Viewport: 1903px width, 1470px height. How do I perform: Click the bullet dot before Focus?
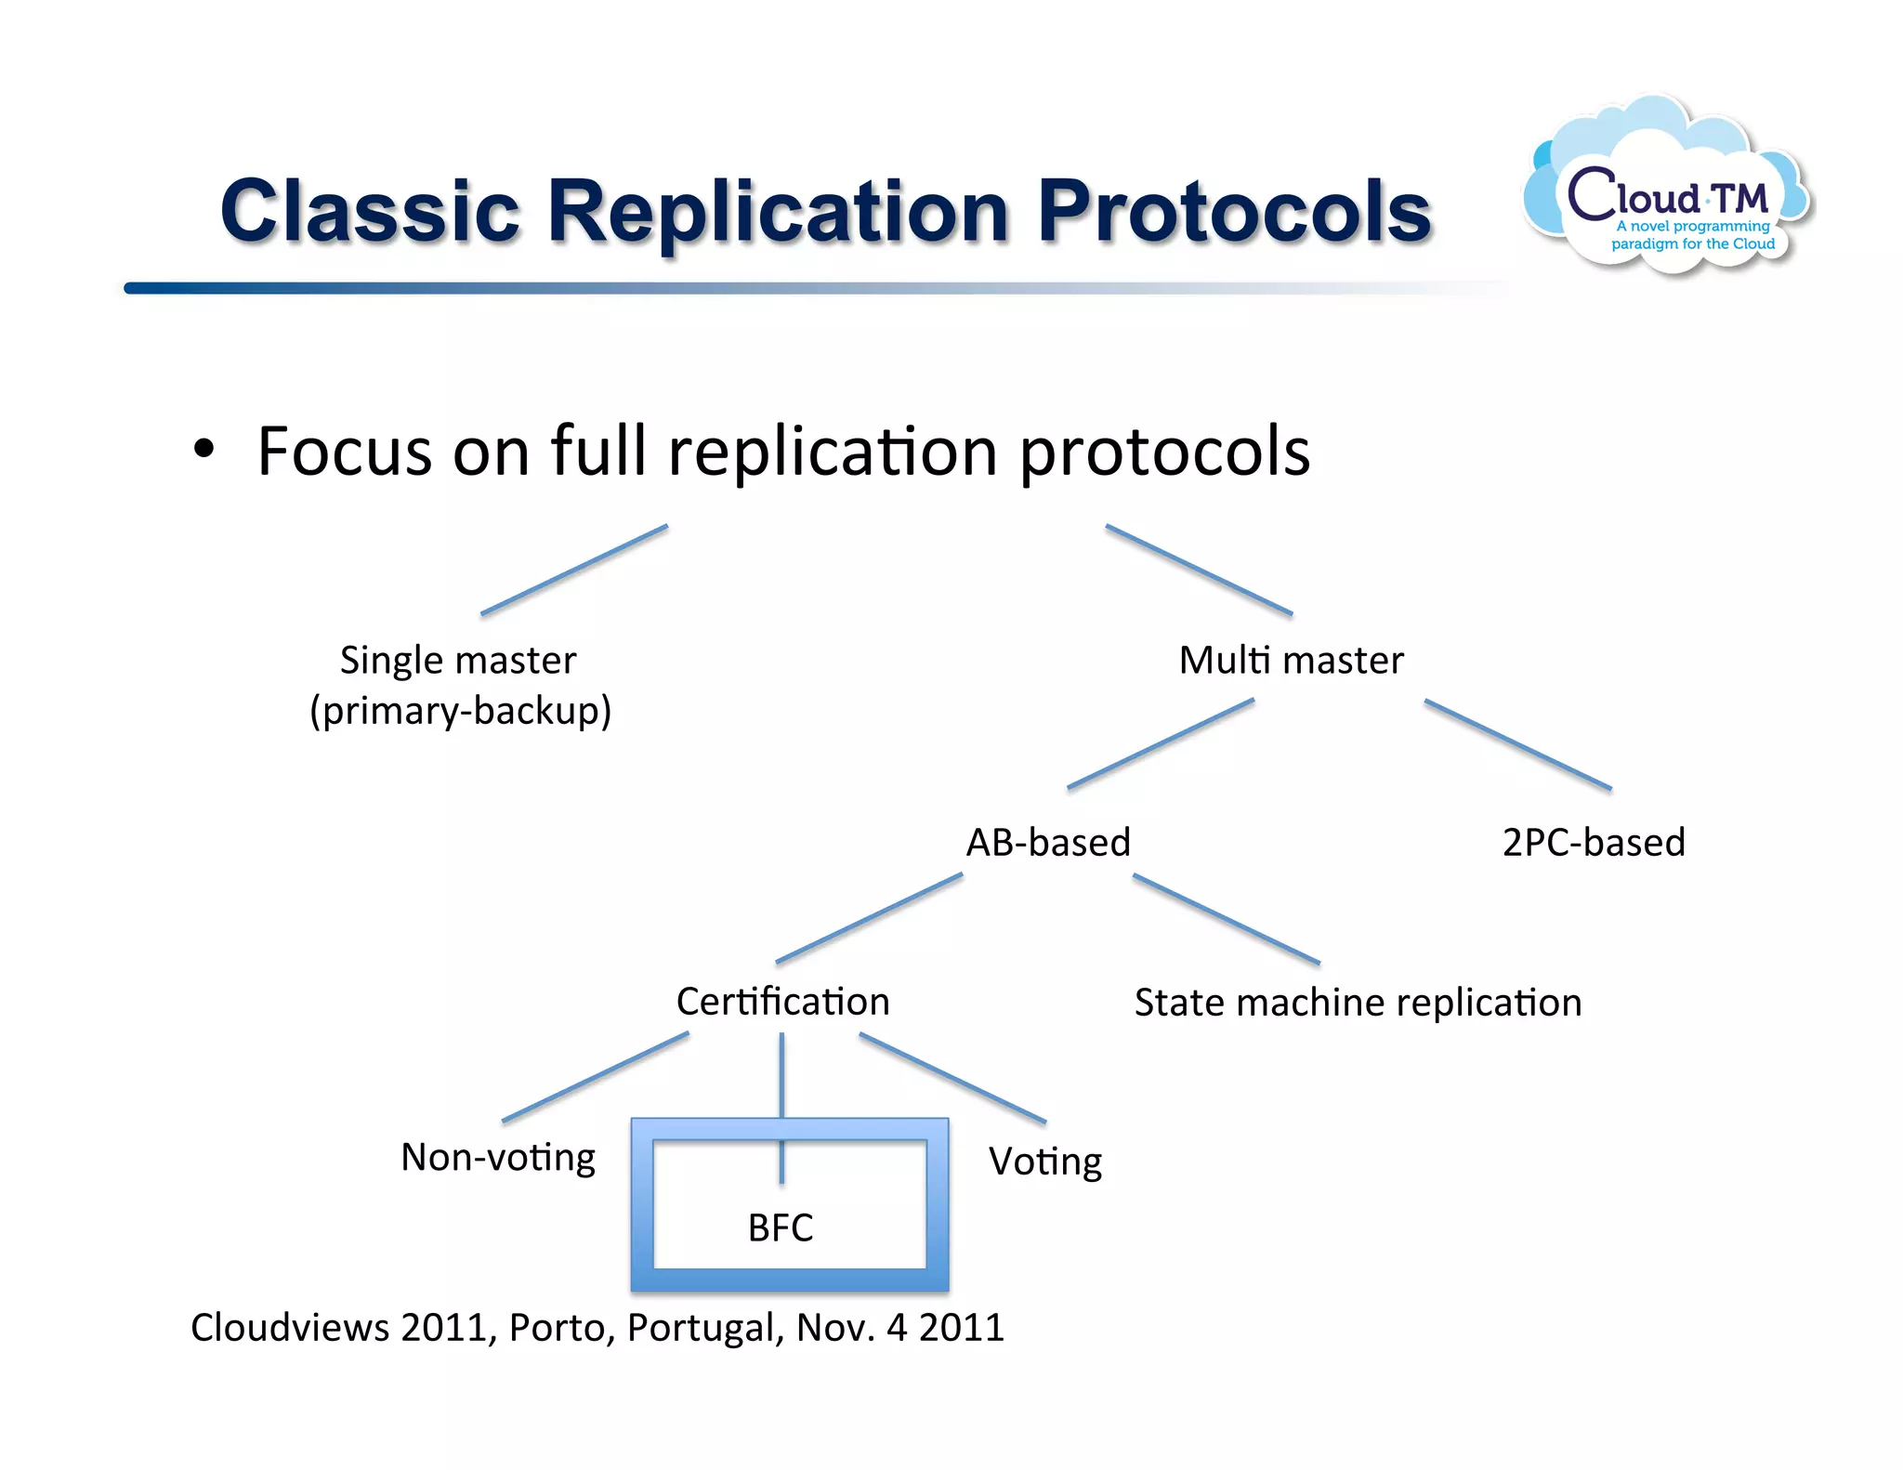click(x=203, y=450)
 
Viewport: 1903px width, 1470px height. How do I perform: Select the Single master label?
click(x=457, y=661)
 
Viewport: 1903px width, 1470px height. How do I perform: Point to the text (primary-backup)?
click(x=460, y=711)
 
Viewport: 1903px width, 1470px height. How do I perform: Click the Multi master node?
click(x=1291, y=661)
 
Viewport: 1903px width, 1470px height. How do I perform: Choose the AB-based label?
click(x=1048, y=843)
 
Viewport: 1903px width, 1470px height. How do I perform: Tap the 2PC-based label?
click(x=1593, y=843)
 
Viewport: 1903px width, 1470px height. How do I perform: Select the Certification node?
click(x=782, y=1002)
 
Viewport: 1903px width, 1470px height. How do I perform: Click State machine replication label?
click(x=1358, y=1003)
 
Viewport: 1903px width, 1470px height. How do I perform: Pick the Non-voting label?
click(x=498, y=1158)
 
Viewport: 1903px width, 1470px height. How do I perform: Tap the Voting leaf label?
click(x=1044, y=1162)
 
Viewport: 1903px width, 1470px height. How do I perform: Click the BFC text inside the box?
click(x=781, y=1228)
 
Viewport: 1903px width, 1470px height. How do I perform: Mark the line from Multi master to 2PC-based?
click(x=1517, y=744)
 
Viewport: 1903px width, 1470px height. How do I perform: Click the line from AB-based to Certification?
click(x=869, y=918)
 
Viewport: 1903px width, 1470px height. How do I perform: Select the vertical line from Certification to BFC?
click(x=781, y=1078)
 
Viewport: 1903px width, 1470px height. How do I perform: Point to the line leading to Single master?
click(x=574, y=570)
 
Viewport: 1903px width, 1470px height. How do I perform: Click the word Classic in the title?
click(x=370, y=212)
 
